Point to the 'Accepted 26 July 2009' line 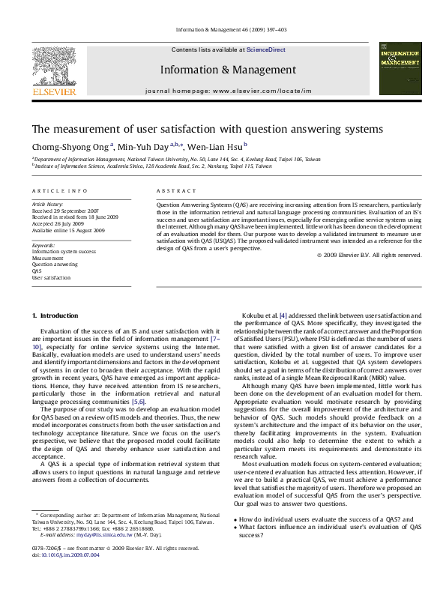(x=58, y=223)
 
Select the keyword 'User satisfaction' (x=51, y=278)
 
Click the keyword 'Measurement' (x=47, y=257)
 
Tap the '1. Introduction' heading (x=52, y=316)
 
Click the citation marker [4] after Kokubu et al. (x=282, y=316)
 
